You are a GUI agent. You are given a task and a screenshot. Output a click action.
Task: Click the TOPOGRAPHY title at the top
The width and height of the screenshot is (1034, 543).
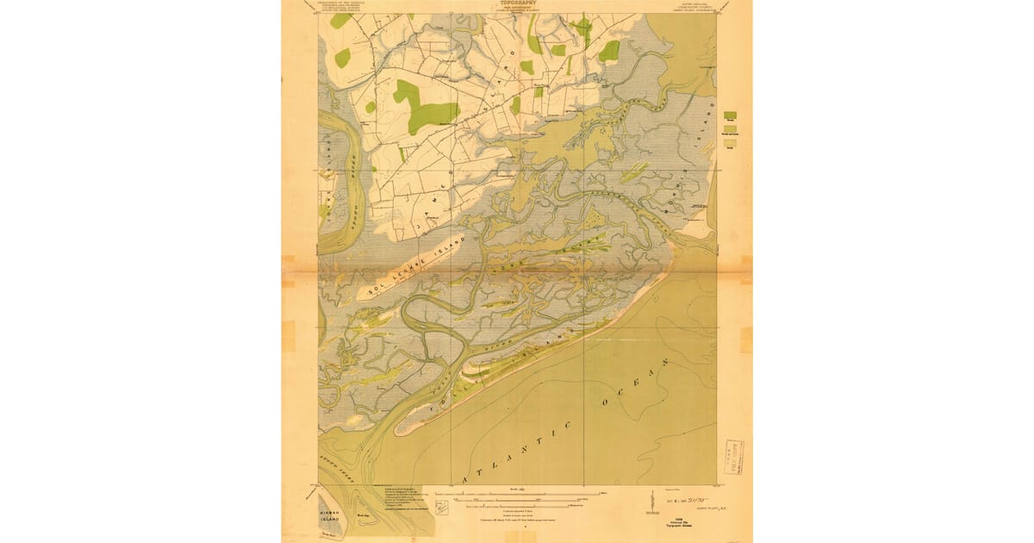click(x=517, y=3)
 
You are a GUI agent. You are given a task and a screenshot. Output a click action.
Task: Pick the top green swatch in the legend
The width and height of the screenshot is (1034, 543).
click(x=730, y=115)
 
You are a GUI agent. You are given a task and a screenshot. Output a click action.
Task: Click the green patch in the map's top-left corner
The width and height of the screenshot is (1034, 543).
click(x=341, y=20)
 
